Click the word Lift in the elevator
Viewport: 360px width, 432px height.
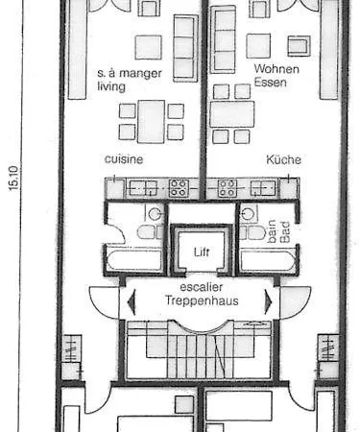click(x=202, y=252)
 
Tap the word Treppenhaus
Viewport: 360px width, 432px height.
click(x=202, y=300)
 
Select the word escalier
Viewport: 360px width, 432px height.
click(x=202, y=287)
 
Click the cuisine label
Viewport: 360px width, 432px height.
click(x=124, y=159)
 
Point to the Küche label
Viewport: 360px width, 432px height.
click(x=283, y=159)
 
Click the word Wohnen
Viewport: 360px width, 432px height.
click(x=276, y=69)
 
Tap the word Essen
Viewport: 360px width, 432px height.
click(x=271, y=83)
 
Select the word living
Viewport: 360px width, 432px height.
click(x=111, y=86)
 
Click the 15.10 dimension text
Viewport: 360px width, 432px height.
click(x=14, y=178)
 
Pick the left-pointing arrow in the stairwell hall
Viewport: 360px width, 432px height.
click(x=132, y=301)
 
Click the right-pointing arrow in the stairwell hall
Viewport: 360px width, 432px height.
click(x=268, y=301)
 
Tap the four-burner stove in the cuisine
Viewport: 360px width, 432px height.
click(x=179, y=188)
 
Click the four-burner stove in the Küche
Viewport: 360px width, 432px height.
click(x=228, y=188)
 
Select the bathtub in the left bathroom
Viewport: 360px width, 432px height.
click(x=134, y=261)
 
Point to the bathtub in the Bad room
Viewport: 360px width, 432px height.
click(x=268, y=261)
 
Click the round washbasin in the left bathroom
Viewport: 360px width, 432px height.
click(x=155, y=214)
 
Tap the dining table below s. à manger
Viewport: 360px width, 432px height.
click(x=152, y=122)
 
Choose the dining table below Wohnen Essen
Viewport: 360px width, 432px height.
click(x=232, y=114)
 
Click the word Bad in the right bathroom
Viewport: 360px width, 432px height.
click(x=285, y=232)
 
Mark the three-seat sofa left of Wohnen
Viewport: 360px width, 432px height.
click(x=224, y=39)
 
